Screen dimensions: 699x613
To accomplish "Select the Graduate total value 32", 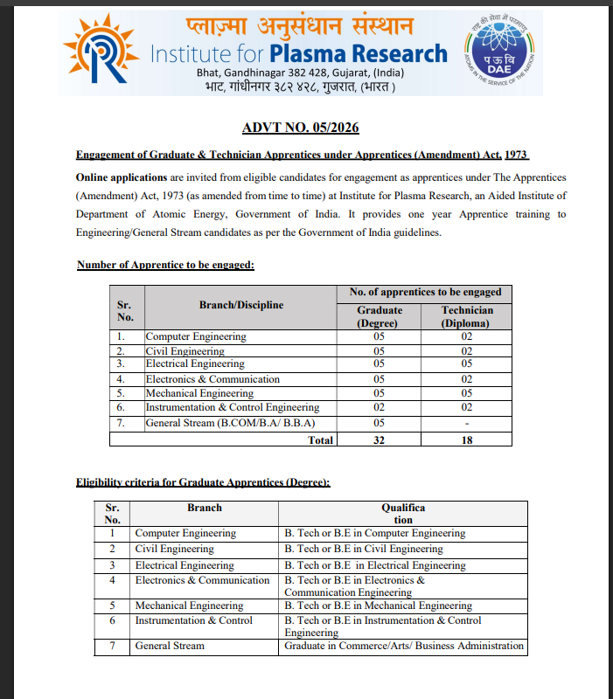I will [380, 439].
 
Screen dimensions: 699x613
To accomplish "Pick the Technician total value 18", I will [467, 439].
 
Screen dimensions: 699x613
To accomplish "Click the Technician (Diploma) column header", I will [467, 316].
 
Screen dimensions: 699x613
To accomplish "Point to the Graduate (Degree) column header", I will [380, 316].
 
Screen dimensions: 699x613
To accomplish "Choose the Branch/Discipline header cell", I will [240, 305].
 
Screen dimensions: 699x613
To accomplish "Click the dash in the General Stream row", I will [467, 424].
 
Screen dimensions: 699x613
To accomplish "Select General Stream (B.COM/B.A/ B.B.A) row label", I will [229, 423].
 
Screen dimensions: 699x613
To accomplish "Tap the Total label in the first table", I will [321, 439].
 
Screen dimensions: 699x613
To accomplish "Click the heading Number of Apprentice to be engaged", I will [165, 265].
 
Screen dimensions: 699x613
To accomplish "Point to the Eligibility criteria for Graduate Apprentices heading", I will [203, 481].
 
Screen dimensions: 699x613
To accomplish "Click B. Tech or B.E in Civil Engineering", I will [364, 549].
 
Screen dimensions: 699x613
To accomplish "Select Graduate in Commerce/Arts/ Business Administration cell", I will [404, 646].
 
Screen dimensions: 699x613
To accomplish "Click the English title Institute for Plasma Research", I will [299, 53].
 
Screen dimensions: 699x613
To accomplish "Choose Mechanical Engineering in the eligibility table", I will [189, 605].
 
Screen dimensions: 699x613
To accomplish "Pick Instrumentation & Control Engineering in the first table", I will [233, 407].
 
